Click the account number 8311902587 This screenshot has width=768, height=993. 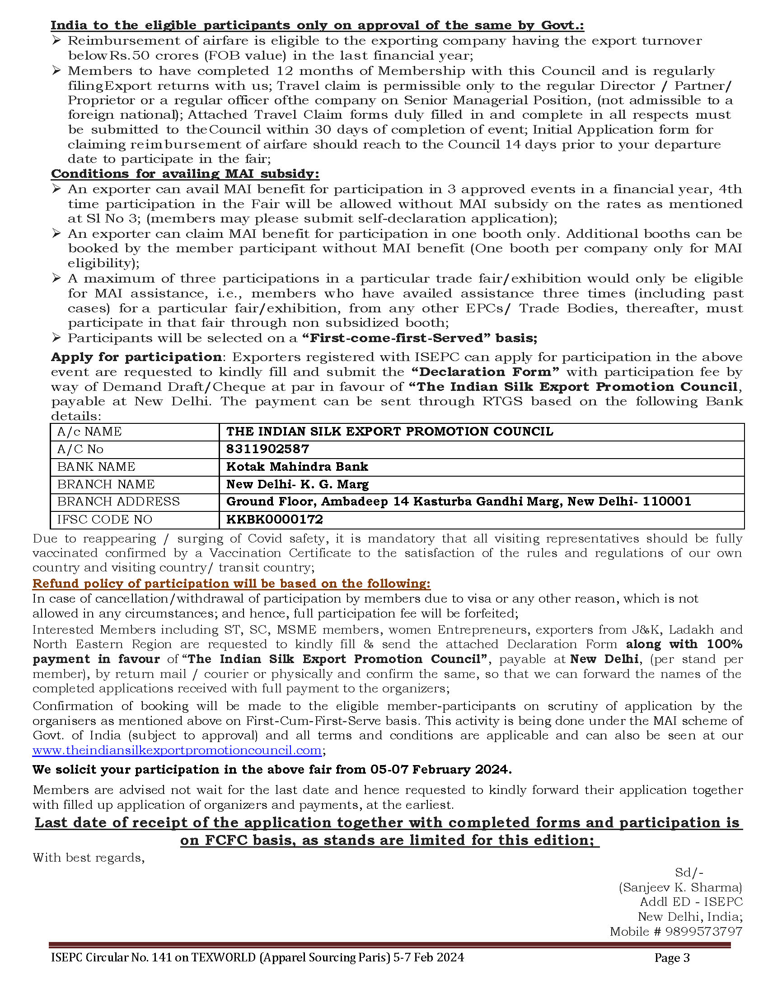[x=267, y=449]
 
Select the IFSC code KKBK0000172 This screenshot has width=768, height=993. [x=274, y=519]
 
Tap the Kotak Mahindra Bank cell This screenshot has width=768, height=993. [x=297, y=467]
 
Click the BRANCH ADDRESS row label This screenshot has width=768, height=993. [x=118, y=501]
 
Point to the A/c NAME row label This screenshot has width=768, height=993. [x=89, y=432]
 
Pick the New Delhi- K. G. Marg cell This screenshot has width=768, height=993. [x=297, y=484]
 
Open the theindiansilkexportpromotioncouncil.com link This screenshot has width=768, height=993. [x=177, y=750]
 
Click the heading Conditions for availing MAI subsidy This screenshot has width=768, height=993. [x=185, y=174]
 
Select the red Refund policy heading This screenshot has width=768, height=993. [x=231, y=583]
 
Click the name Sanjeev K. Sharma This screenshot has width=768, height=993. [x=680, y=887]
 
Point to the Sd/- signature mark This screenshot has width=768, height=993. [x=689, y=872]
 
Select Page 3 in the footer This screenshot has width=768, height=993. [x=672, y=958]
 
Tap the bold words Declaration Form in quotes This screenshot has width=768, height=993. [x=485, y=372]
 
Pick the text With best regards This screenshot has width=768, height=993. [x=89, y=858]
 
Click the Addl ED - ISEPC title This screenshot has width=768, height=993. [x=691, y=902]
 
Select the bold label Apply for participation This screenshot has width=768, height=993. [x=136, y=357]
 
